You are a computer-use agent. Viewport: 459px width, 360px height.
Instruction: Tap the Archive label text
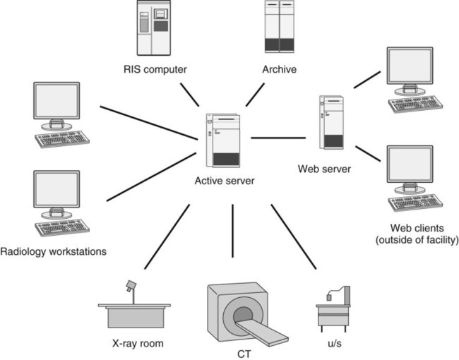279,69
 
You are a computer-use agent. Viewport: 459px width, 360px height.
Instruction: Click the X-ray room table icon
133,308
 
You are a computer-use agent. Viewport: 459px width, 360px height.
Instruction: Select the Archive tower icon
278,27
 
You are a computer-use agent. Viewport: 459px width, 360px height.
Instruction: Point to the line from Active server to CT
232,230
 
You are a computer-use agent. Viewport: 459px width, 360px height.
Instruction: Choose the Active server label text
225,181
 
